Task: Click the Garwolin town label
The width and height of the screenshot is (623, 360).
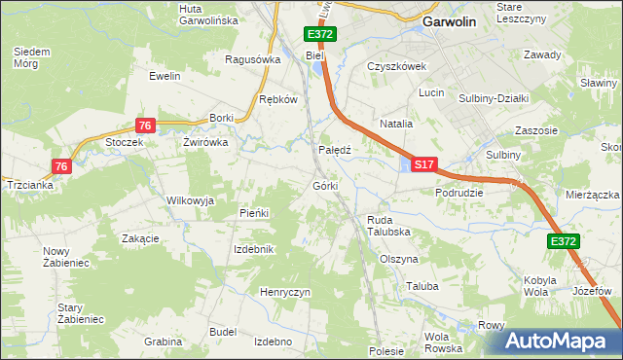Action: [449, 21]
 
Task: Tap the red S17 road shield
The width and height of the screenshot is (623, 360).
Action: [423, 166]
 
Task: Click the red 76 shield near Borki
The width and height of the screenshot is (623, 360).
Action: [145, 126]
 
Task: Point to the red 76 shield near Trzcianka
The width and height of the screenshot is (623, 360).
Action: [62, 167]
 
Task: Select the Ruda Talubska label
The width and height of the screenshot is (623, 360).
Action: [386, 226]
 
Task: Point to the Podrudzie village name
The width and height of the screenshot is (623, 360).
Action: [459, 193]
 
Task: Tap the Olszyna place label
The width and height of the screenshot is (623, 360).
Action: [399, 260]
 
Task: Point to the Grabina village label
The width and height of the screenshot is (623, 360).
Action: [163, 342]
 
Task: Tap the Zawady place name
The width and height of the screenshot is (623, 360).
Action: [542, 54]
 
